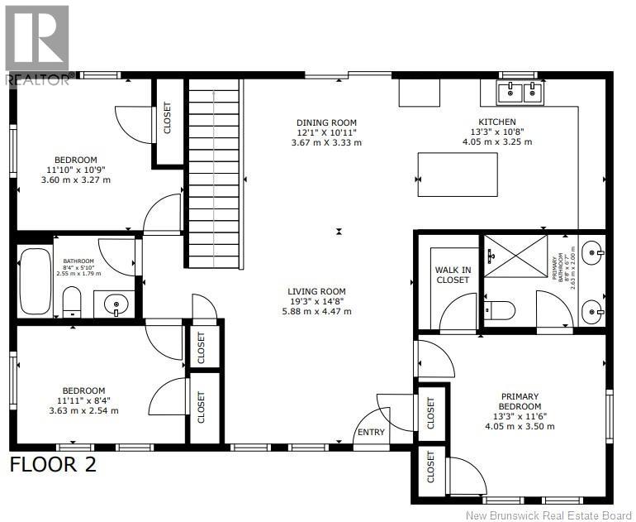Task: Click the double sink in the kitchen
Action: tap(521, 92)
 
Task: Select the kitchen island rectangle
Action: tap(458, 175)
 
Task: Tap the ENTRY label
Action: tap(370, 433)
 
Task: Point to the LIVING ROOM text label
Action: tap(316, 291)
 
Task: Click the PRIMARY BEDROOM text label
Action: tap(520, 401)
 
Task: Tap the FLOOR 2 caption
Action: tap(53, 464)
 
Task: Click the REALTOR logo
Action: tap(37, 44)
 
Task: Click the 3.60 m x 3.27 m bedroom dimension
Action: tap(76, 180)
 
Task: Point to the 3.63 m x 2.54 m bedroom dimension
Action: tap(83, 410)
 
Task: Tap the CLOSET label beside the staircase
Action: tap(167, 120)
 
